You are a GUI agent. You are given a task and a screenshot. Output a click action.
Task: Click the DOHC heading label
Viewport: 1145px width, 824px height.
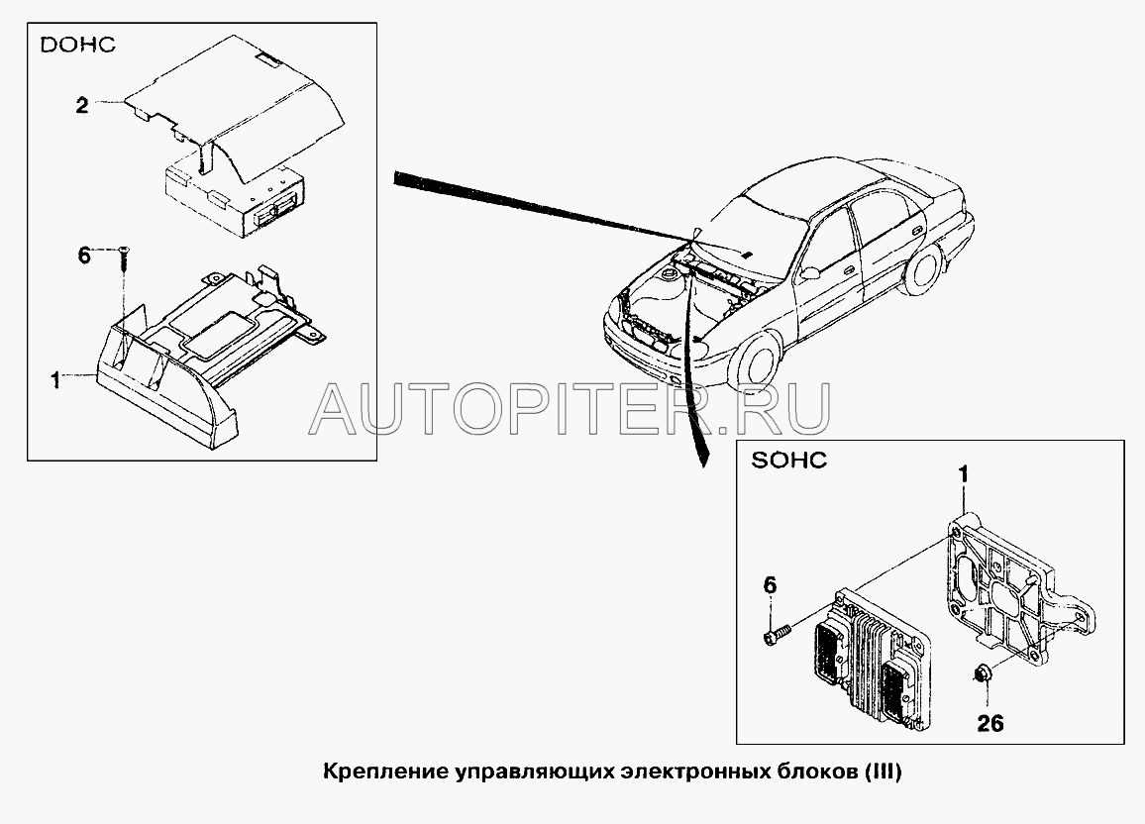(77, 45)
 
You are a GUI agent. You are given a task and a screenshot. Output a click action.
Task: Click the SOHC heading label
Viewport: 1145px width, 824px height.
(788, 460)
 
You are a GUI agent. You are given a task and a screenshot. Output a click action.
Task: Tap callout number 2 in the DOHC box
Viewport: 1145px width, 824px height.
(82, 106)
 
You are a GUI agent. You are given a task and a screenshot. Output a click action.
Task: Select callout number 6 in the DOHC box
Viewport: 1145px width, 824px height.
(85, 256)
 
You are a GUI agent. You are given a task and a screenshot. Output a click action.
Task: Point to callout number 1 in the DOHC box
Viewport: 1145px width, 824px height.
(55, 380)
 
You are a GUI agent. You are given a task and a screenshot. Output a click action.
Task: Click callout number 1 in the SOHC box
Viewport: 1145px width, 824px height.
(963, 475)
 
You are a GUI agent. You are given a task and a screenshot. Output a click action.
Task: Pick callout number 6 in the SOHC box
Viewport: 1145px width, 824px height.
(770, 585)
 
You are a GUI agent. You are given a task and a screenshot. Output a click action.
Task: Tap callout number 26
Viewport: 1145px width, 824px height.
(990, 723)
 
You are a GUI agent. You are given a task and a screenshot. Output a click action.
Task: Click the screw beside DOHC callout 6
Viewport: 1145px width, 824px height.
(124, 260)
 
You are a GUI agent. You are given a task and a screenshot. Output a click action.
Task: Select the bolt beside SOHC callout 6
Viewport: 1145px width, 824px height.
(777, 632)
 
